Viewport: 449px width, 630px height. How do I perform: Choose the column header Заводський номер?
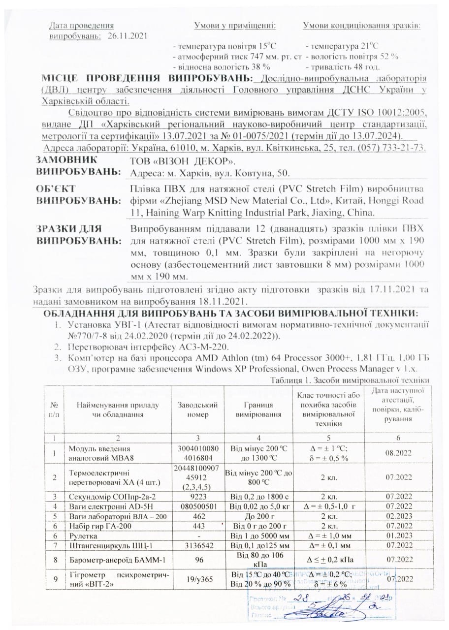tap(197, 409)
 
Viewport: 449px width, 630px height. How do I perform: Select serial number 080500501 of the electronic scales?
tap(197, 506)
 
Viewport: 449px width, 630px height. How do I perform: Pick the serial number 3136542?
tap(197, 545)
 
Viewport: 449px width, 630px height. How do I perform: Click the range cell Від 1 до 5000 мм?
tap(259, 535)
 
